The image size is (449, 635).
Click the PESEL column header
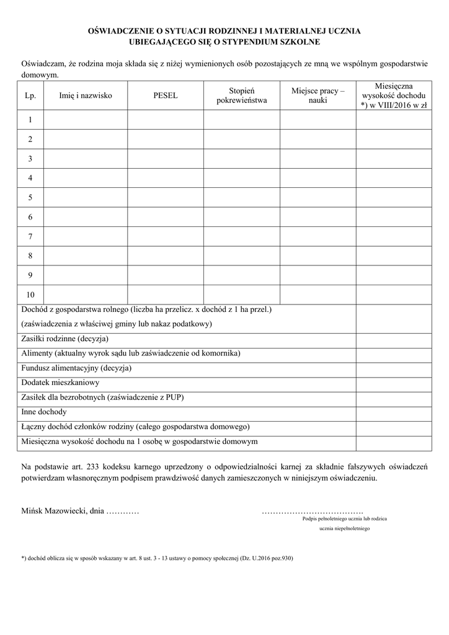click(165, 95)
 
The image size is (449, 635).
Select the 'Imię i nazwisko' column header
click(86, 95)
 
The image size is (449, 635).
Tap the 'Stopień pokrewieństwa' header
click(241, 95)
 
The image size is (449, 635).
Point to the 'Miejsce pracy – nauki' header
click(318, 95)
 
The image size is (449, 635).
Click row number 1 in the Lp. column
click(30, 120)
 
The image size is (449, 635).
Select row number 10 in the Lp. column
click(30, 294)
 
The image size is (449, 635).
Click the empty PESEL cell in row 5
click(165, 197)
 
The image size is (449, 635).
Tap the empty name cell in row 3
click(86, 159)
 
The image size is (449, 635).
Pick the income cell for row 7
click(393, 236)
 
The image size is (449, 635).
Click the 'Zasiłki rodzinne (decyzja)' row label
click(65, 339)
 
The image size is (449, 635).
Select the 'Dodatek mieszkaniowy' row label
click(60, 383)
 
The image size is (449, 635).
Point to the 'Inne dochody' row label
click(44, 412)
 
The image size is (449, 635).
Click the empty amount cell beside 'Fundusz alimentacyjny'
click(393, 368)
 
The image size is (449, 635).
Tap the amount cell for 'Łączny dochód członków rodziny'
click(393, 427)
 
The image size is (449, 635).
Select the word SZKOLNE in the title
click(298, 42)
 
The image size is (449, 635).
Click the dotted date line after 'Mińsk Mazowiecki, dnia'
click(123, 512)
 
